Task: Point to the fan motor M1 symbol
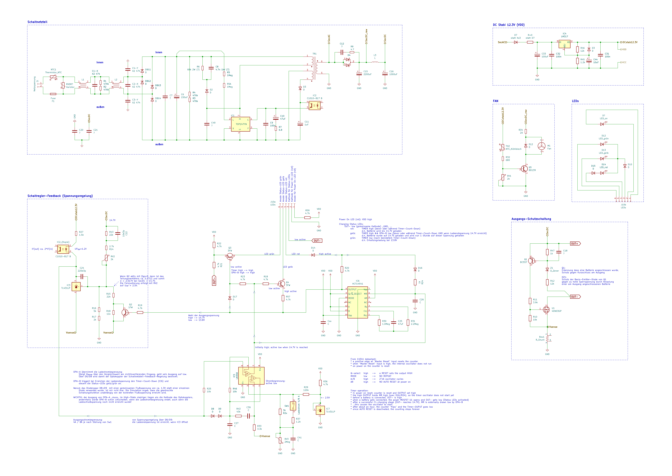click(542, 146)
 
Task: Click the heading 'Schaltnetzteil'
click(37, 22)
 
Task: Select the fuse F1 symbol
click(53, 94)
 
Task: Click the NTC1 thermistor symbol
click(53, 77)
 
